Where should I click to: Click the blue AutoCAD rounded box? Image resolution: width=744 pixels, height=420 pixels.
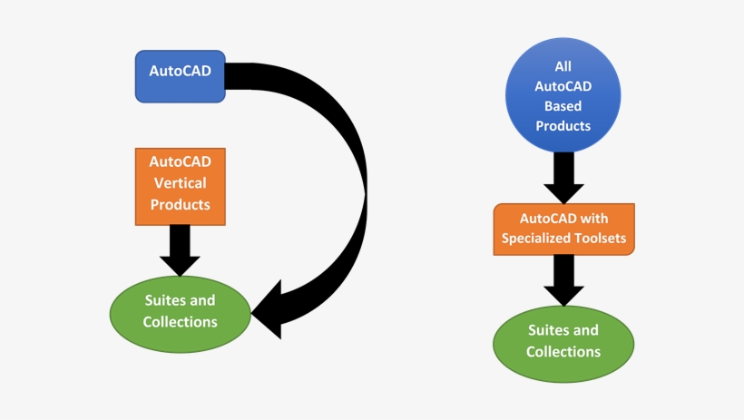tap(181, 76)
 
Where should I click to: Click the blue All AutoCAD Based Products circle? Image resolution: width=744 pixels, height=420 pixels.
tap(563, 96)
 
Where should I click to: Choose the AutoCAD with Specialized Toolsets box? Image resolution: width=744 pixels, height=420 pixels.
tap(563, 230)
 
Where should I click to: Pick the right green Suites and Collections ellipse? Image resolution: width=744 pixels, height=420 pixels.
tap(563, 342)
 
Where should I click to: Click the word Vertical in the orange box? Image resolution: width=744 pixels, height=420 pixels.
tap(181, 183)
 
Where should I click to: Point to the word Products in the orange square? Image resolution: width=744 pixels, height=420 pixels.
tap(181, 205)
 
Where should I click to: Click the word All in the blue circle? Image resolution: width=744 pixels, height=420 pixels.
tap(563, 67)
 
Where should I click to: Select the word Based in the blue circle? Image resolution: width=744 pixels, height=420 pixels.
tap(563, 106)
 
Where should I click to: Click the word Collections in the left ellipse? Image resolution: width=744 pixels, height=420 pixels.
tap(181, 322)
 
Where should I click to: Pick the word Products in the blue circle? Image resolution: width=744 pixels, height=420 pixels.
tap(563, 126)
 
